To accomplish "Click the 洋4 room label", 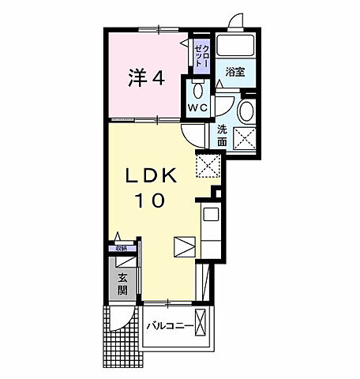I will [x=146, y=78].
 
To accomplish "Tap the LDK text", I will [x=148, y=175].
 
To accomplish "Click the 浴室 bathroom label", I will [x=234, y=72].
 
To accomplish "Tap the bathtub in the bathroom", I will [x=234, y=46].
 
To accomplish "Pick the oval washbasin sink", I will [x=247, y=110].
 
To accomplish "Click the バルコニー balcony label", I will [x=169, y=325].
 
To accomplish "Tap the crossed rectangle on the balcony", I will [x=203, y=325].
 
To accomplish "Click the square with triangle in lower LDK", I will [x=182, y=247].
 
